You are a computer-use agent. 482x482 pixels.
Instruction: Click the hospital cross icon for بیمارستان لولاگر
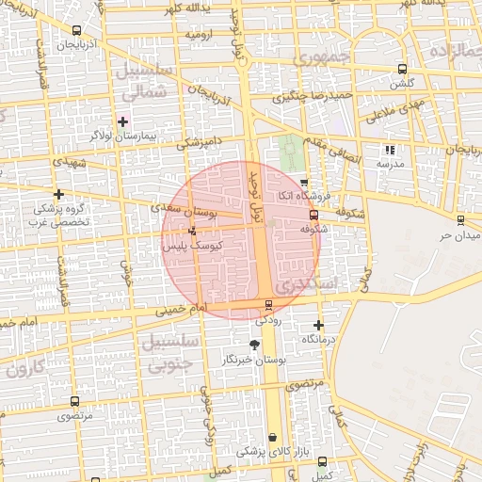coord(122,121)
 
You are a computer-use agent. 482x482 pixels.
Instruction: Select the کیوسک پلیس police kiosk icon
coord(193,231)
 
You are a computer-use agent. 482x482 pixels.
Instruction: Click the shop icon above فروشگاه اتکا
coord(303,183)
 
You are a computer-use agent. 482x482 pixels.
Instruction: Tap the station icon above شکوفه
coord(313,214)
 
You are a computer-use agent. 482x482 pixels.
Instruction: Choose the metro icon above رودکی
coord(270,304)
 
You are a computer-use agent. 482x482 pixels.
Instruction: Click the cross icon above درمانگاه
coord(318,325)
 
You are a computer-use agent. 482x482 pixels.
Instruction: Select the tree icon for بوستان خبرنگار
coord(254,345)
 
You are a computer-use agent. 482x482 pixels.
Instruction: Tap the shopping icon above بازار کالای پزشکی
coord(273,438)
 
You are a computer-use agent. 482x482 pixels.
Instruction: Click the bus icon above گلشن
coord(403,69)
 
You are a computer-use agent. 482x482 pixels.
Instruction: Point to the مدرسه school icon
coord(390,150)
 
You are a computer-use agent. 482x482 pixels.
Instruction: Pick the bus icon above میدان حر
coord(459,219)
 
